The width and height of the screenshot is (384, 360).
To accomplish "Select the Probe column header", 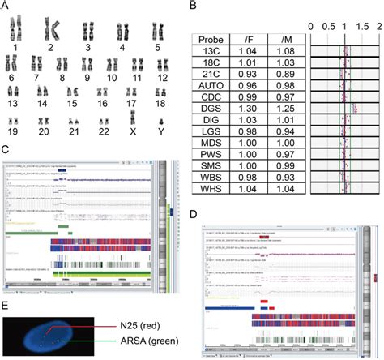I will (x=213, y=38).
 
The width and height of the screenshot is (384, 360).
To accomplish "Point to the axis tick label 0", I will (x=311, y=26).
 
